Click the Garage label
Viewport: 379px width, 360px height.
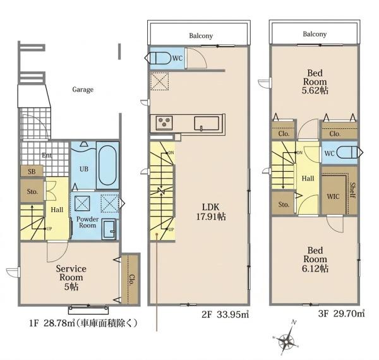click(83, 90)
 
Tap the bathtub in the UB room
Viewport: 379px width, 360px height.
click(107, 165)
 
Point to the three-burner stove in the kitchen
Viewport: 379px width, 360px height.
click(164, 123)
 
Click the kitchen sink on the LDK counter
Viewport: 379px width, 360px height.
click(207, 124)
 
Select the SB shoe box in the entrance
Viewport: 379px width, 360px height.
click(32, 171)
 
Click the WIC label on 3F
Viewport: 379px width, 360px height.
click(333, 196)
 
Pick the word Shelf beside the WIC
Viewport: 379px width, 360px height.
click(352, 190)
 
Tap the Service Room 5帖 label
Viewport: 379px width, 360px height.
click(71, 277)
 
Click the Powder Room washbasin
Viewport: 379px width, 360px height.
click(109, 229)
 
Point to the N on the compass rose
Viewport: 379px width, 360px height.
click(294, 322)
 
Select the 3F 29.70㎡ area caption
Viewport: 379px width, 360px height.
click(342, 313)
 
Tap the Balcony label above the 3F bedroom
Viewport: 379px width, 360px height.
click(315, 34)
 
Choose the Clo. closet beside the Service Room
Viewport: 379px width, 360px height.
click(131, 279)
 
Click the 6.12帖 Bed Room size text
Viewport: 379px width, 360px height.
click(315, 268)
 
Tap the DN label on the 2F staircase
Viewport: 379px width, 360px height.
click(171, 153)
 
